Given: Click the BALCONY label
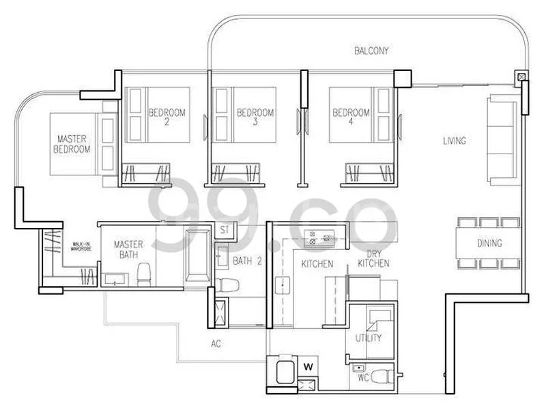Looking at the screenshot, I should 371,50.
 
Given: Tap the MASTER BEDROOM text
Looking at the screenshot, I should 73,144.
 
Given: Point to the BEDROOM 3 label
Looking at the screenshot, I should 255,117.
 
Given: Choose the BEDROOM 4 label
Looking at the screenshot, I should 348,117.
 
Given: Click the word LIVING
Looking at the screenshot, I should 454,141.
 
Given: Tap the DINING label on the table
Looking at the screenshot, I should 489,243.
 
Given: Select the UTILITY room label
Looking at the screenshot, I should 368,338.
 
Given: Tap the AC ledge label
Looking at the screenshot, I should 217,343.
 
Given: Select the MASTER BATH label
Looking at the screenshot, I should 127,249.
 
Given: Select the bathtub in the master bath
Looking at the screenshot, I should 199,258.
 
